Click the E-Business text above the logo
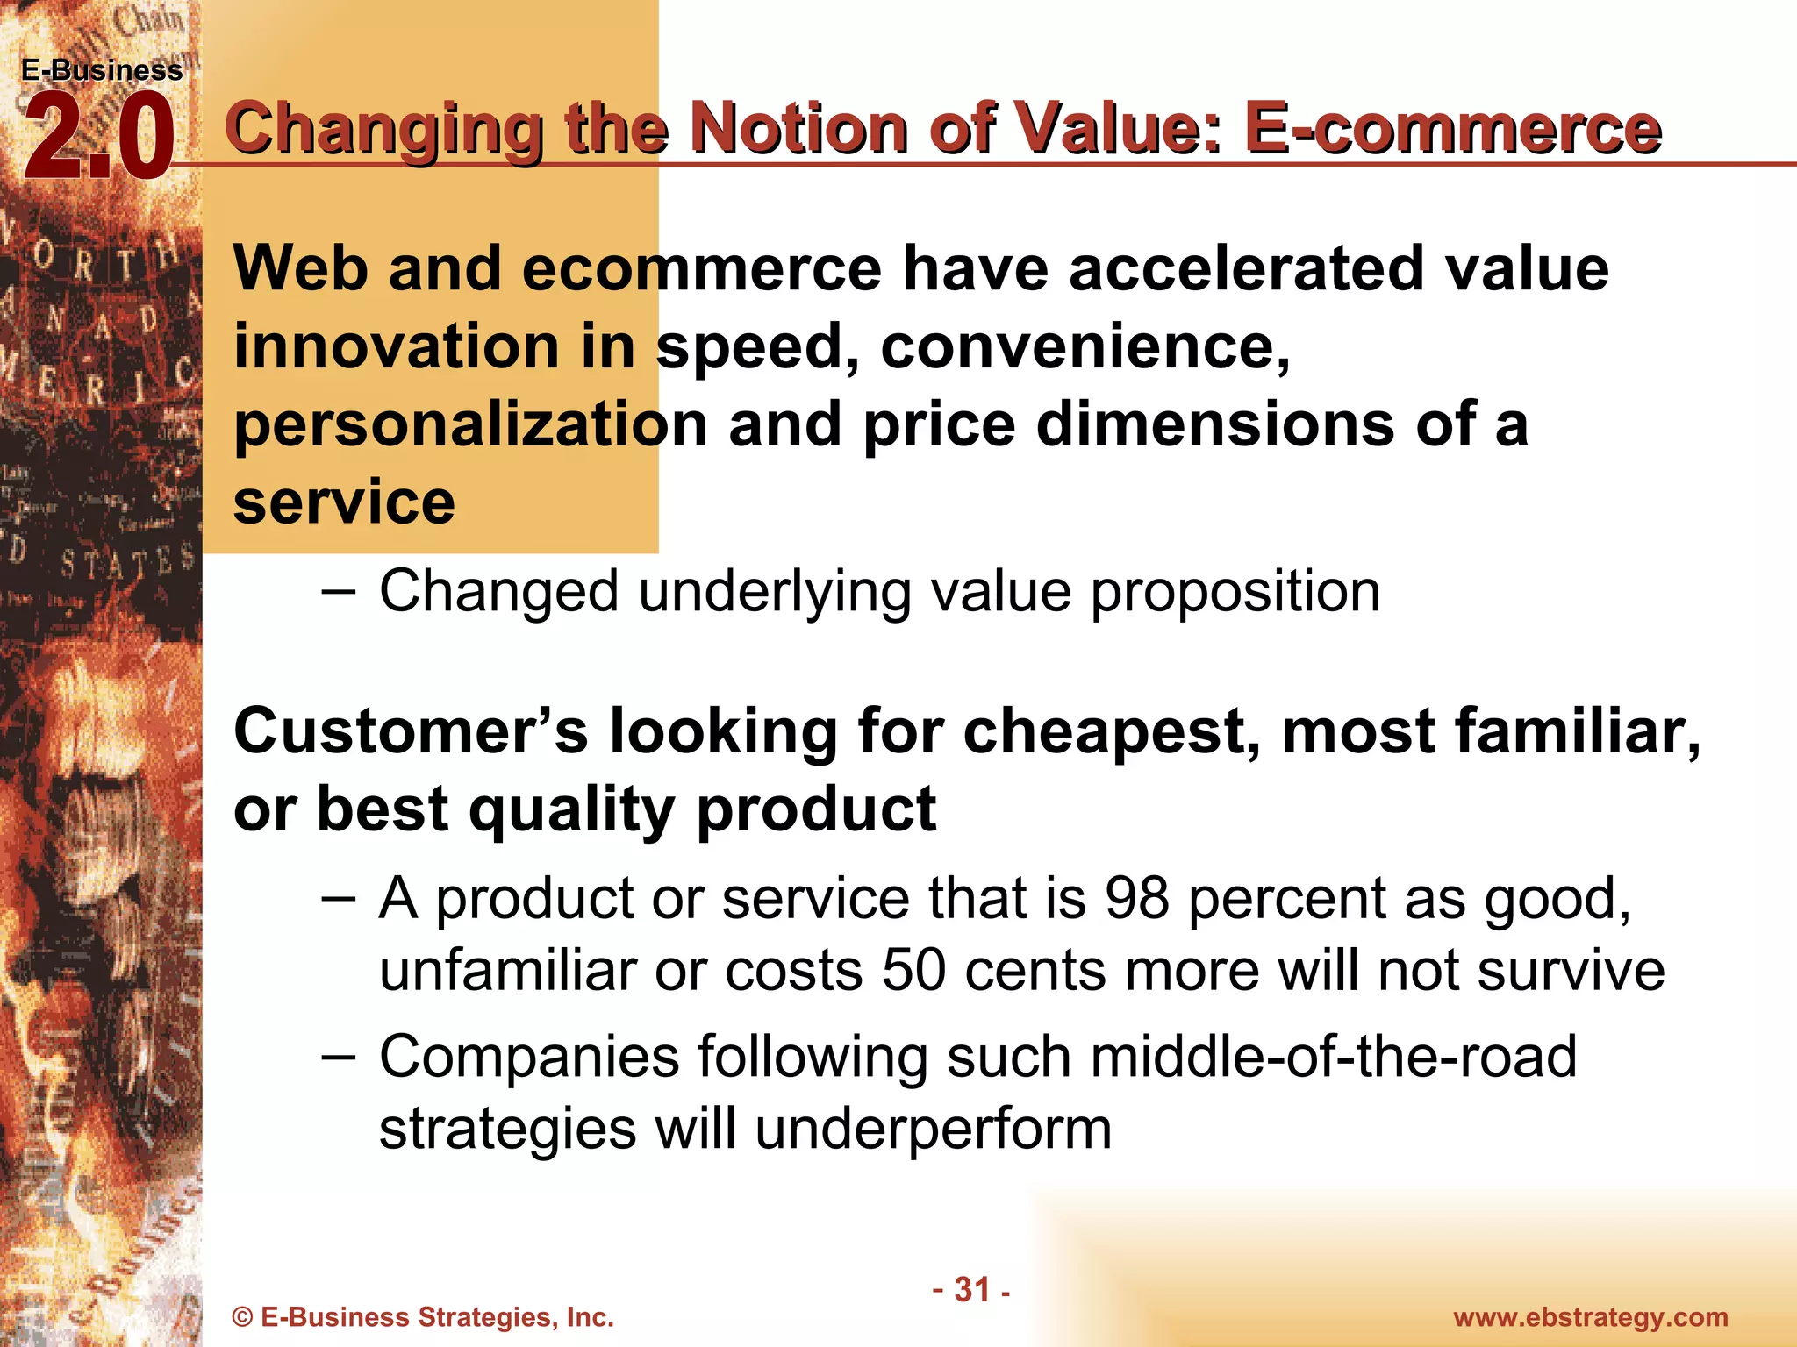coord(102,70)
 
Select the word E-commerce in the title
coord(1452,129)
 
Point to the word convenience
coord(1085,347)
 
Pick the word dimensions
coord(1215,424)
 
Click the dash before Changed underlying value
coord(339,591)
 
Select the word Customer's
coord(411,731)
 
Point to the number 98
coord(1136,899)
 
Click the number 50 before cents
coord(914,972)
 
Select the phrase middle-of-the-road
coord(1333,1057)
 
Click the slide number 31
coord(971,1289)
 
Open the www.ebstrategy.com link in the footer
coord(1590,1317)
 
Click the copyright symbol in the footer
coord(243,1318)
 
